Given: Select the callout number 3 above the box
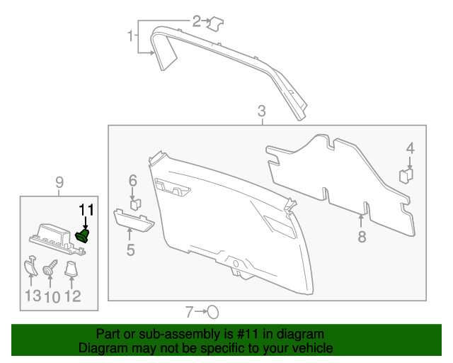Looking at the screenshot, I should pyautogui.click(x=262, y=111).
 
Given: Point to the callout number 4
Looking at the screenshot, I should pyautogui.click(x=410, y=148).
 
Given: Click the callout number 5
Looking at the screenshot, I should pyautogui.click(x=130, y=249).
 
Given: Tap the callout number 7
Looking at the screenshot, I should pyautogui.click(x=189, y=311).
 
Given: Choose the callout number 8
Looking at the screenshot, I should pyautogui.click(x=362, y=236).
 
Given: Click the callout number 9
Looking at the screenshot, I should pyautogui.click(x=59, y=184).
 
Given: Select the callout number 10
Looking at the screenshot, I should pyautogui.click(x=51, y=296).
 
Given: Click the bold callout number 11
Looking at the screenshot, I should pyautogui.click(x=86, y=208).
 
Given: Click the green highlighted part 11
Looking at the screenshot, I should pyautogui.click(x=84, y=235).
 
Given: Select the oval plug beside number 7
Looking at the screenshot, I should pyautogui.click(x=212, y=311).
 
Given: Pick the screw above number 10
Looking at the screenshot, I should pyautogui.click(x=50, y=269).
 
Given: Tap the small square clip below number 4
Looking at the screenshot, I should pyautogui.click(x=406, y=175).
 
